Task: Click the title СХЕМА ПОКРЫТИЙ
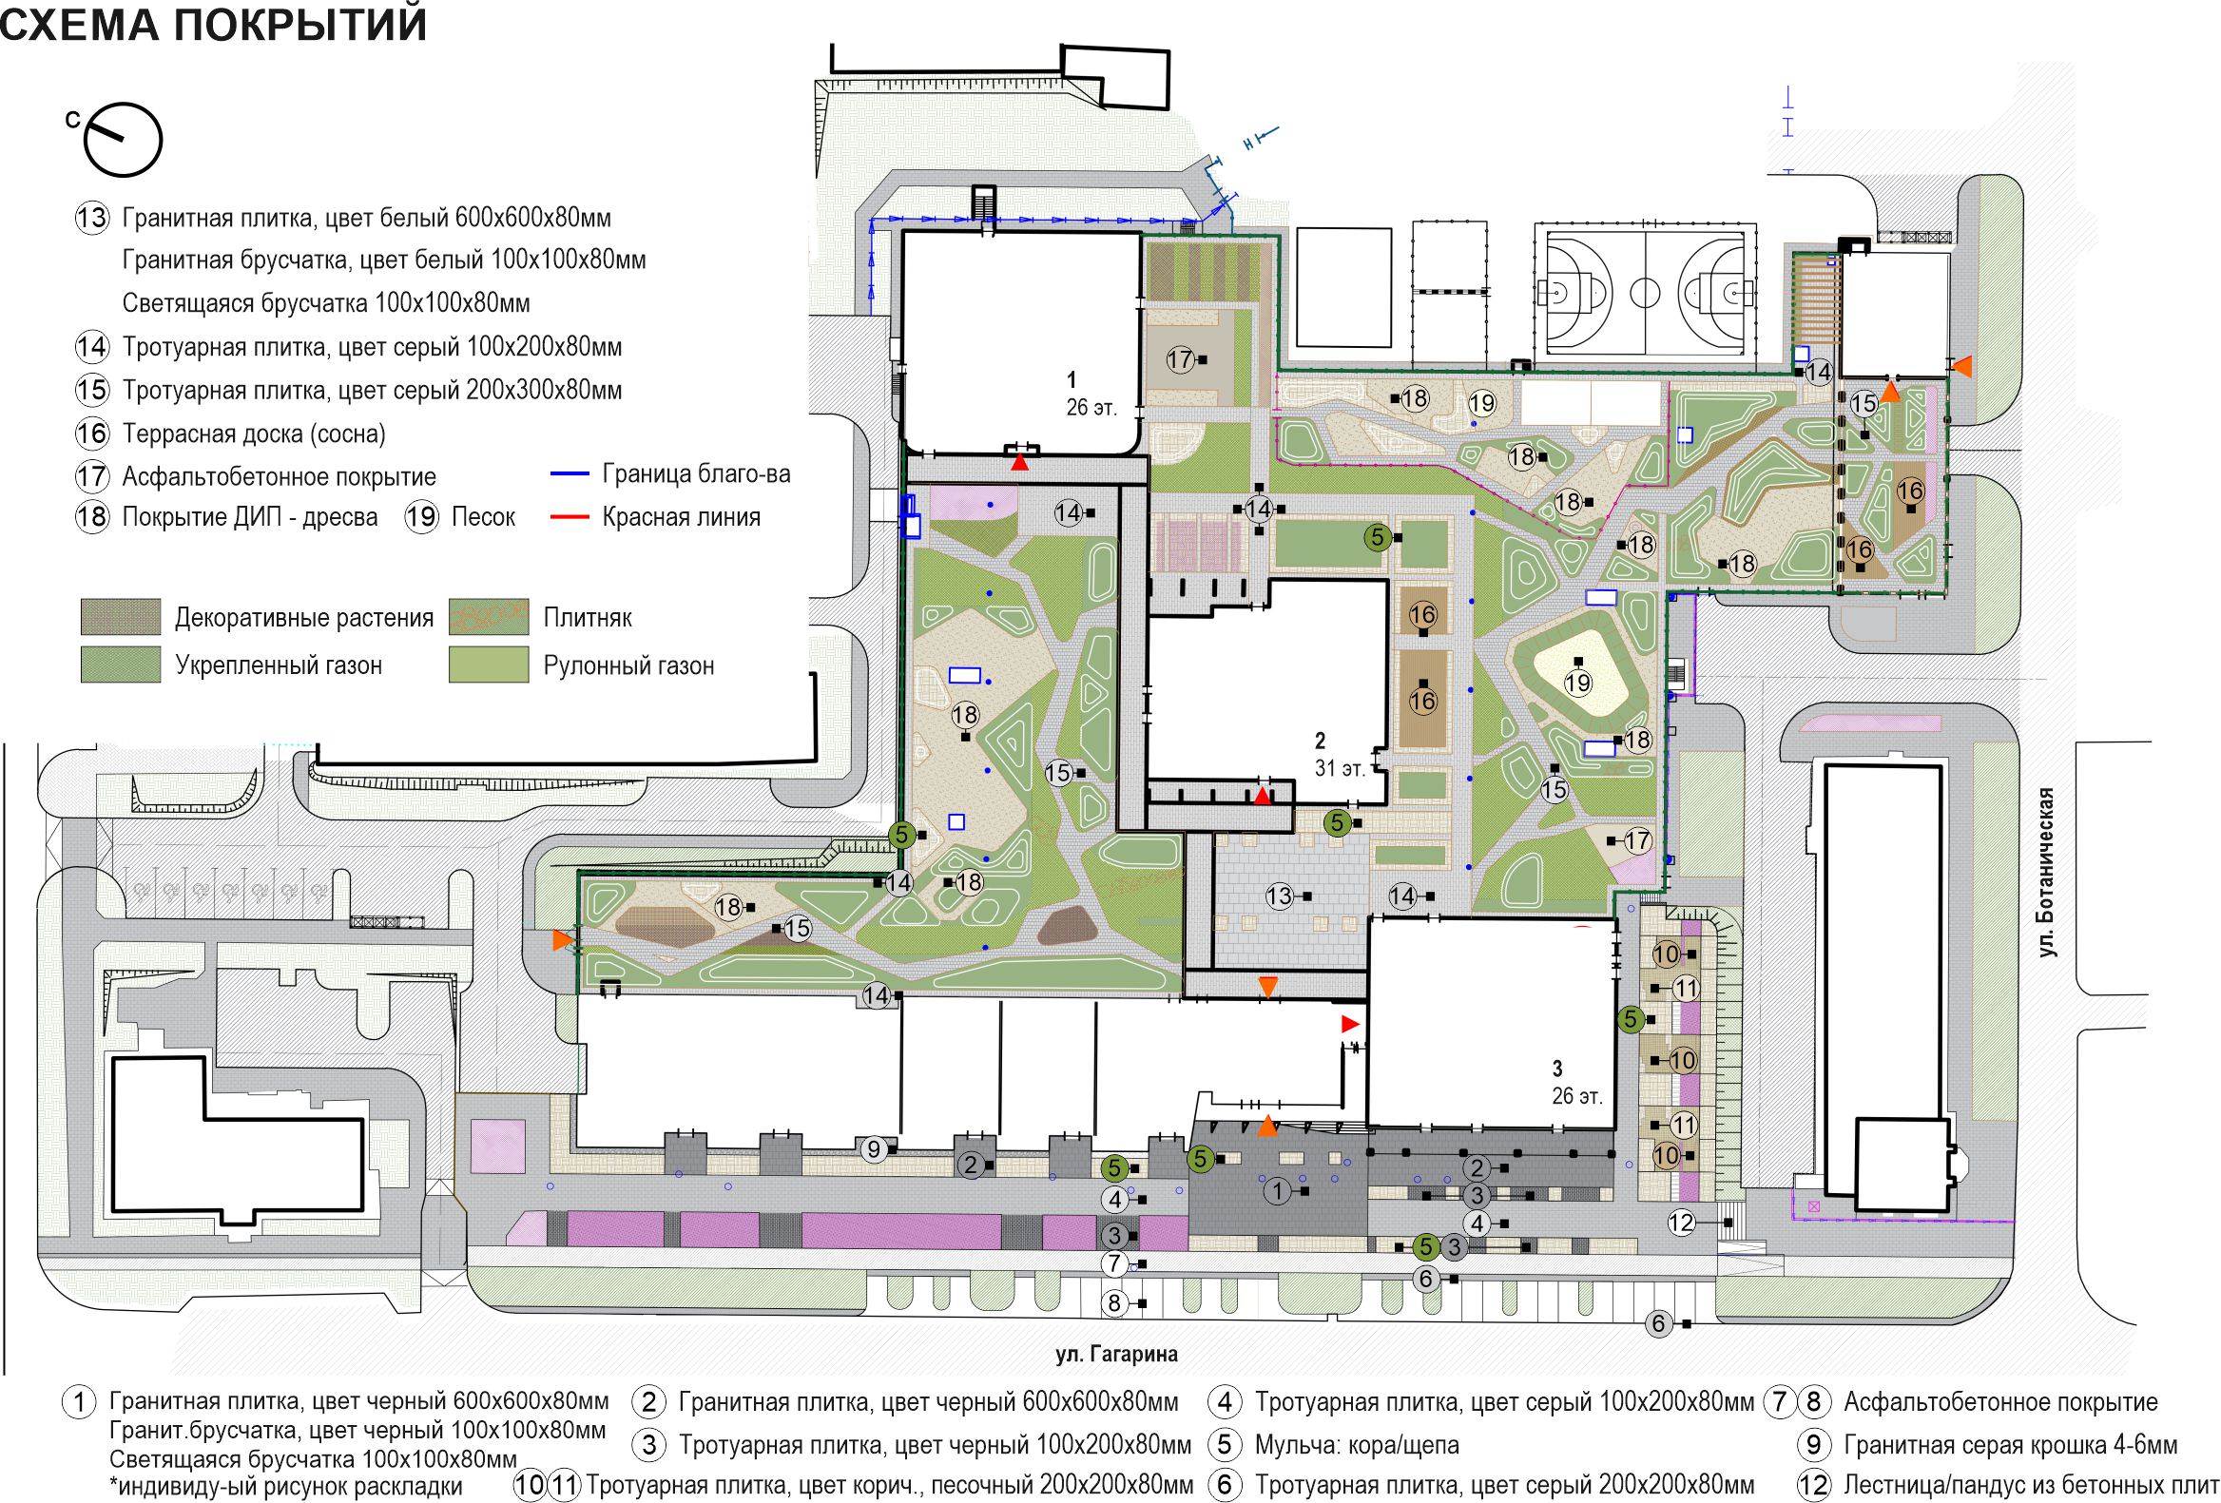(x=213, y=25)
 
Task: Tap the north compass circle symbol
(x=124, y=140)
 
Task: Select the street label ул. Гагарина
(x=1116, y=1354)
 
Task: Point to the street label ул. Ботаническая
(x=2045, y=872)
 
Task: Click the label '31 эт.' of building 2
(x=1339, y=768)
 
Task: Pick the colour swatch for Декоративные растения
(x=121, y=617)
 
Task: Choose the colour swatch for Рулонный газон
(x=489, y=665)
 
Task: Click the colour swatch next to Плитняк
(x=489, y=617)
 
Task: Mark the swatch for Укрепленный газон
(x=121, y=665)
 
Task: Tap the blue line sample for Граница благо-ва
(x=570, y=474)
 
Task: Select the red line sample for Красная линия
(x=570, y=518)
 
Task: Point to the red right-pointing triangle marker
(x=1349, y=1024)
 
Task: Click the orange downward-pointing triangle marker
(x=1267, y=988)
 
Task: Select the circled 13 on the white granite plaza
(x=1280, y=896)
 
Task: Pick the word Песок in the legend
(x=484, y=518)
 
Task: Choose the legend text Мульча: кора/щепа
(x=1357, y=1445)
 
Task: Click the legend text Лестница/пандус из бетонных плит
(x=2031, y=1486)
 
